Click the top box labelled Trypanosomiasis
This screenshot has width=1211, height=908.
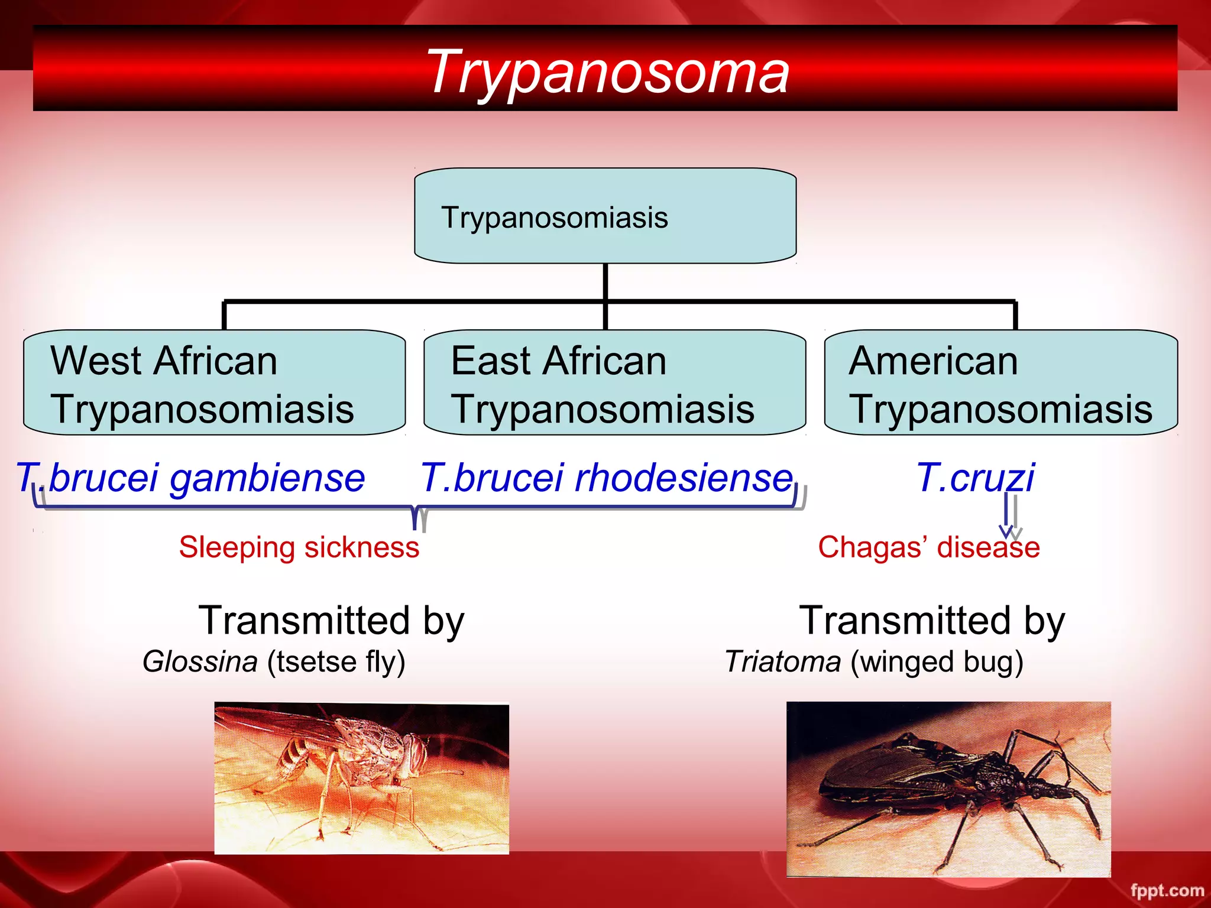click(x=605, y=216)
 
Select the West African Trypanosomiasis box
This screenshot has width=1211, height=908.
click(x=214, y=383)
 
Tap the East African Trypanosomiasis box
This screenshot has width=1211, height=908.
click(x=614, y=383)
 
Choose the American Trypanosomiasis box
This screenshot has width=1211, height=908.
click(x=1000, y=383)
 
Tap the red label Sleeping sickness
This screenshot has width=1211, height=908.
click(x=299, y=547)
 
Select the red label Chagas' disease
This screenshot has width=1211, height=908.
click(x=928, y=547)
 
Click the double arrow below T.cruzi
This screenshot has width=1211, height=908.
click(x=1009, y=514)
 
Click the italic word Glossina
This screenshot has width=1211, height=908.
click(x=200, y=661)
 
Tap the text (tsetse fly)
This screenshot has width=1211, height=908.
click(x=336, y=661)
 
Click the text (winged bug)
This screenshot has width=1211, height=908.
click(x=937, y=661)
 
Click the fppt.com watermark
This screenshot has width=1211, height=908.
click(x=1167, y=890)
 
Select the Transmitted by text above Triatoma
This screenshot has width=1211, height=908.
click(x=932, y=621)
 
